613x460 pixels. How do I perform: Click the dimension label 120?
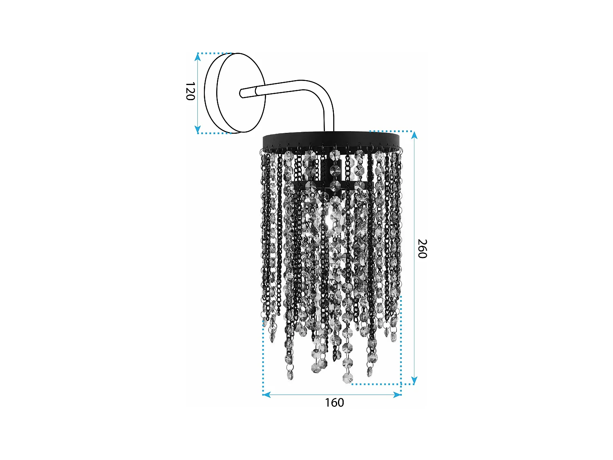click(x=190, y=91)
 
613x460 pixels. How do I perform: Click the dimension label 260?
click(x=422, y=249)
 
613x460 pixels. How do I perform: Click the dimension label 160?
click(x=334, y=403)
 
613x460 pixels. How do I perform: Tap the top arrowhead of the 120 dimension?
click(x=198, y=57)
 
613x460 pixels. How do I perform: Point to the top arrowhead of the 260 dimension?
click(x=414, y=135)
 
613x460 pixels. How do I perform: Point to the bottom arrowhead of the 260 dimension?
click(x=414, y=381)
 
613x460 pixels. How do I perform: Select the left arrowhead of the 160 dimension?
click(x=266, y=395)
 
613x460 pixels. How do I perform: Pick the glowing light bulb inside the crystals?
click(x=330, y=217)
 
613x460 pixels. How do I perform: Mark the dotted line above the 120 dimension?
click(x=215, y=53)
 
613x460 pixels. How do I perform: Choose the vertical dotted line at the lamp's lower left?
click(x=263, y=356)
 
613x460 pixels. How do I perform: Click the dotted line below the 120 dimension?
click(x=215, y=133)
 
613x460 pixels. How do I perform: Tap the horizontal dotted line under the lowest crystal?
click(x=376, y=384)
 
